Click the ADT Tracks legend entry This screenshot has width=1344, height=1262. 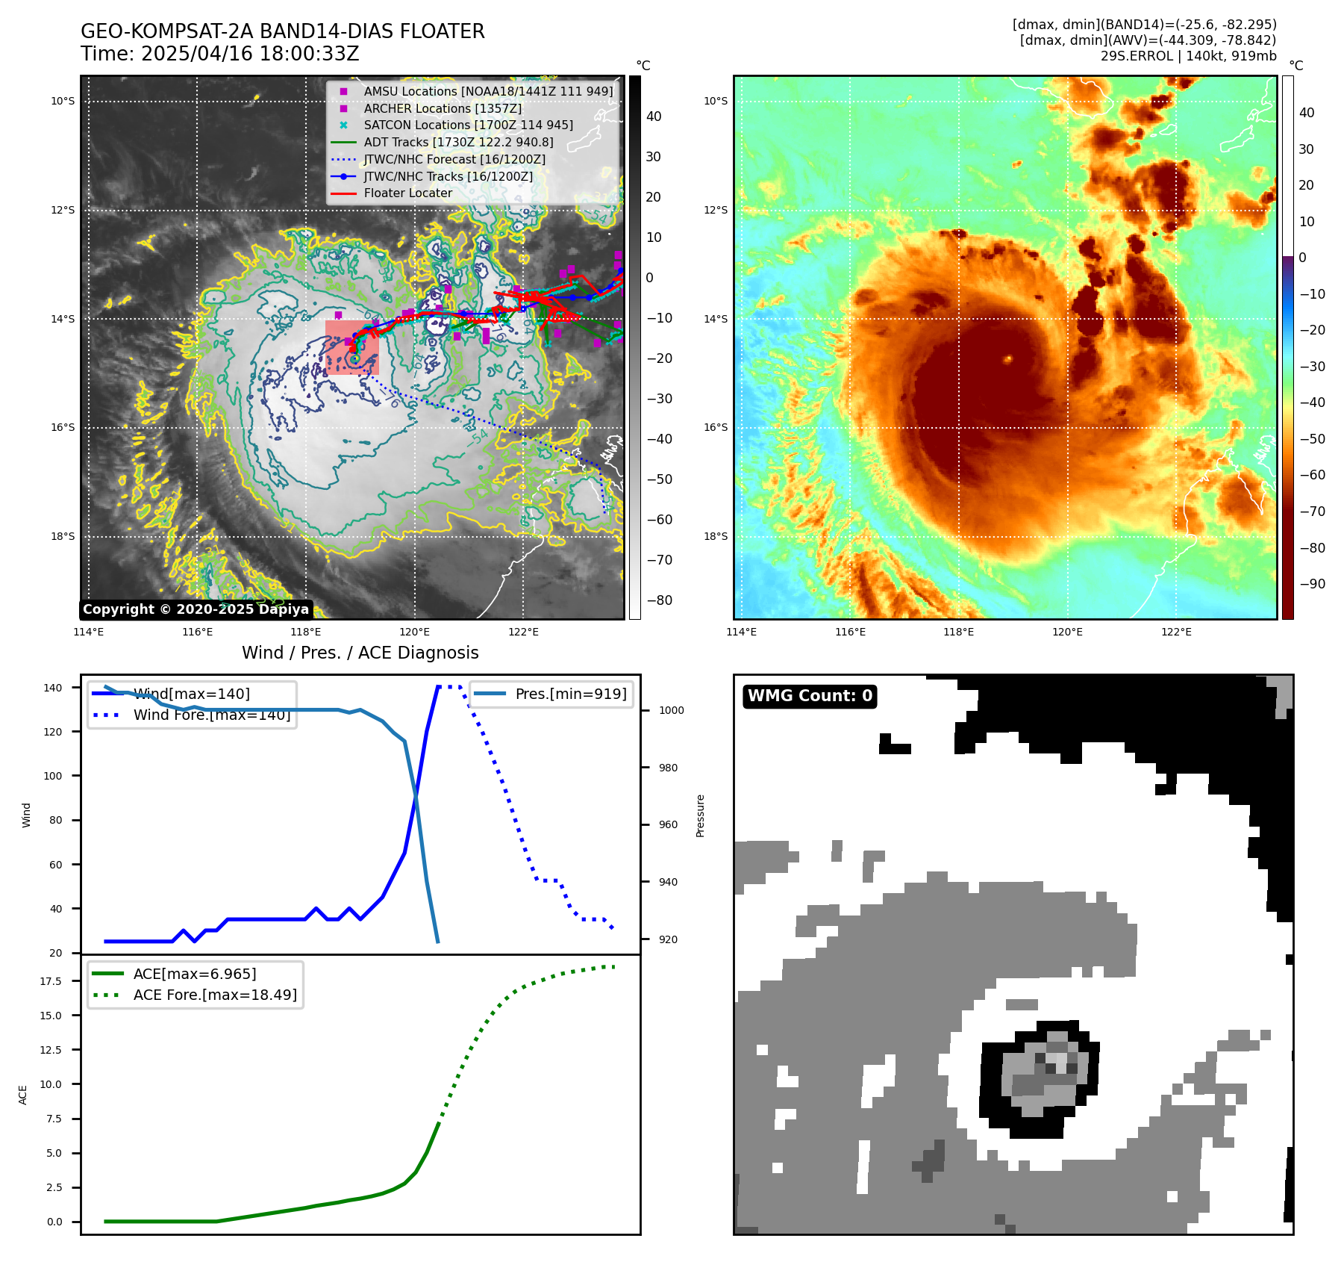[x=458, y=142]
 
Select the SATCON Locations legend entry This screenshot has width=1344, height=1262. [x=468, y=125]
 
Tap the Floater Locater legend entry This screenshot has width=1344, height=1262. [x=407, y=193]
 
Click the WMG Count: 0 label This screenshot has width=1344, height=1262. [x=810, y=696]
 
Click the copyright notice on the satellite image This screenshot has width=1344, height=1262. [x=196, y=609]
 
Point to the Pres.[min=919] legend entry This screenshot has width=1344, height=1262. [x=570, y=694]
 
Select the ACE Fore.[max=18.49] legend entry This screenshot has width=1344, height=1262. [x=215, y=995]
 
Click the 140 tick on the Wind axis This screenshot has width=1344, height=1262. [x=53, y=688]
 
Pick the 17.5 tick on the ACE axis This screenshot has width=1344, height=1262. [x=51, y=981]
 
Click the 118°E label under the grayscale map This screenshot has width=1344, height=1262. [x=306, y=632]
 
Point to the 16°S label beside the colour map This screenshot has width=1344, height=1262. [x=715, y=428]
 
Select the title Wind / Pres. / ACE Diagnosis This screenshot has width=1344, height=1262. [x=360, y=653]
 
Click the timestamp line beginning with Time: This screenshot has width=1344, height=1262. [x=220, y=54]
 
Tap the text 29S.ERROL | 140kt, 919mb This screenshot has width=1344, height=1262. [x=1188, y=56]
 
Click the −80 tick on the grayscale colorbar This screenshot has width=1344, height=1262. [x=659, y=600]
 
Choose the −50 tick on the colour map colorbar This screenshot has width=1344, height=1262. [x=1312, y=439]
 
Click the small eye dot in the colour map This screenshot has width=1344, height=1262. [x=1007, y=358]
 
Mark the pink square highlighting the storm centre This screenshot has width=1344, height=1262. [x=351, y=347]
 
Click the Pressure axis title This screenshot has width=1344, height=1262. [x=700, y=815]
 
